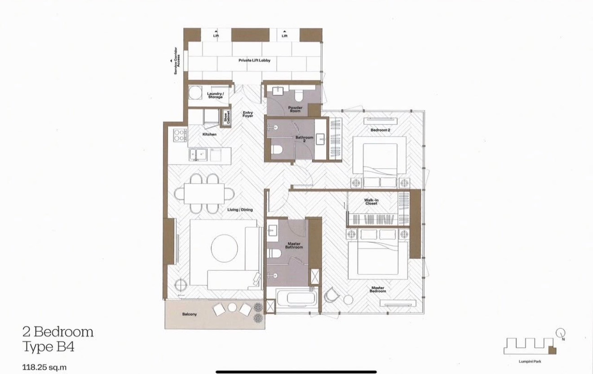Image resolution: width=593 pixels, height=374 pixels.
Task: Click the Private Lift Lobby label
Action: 254,60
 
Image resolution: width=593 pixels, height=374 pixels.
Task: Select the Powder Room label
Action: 295,109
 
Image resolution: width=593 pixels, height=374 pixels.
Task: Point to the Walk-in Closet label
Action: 371,202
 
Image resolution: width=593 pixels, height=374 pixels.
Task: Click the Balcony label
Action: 189,314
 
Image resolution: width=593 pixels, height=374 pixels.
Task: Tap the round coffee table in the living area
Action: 224,248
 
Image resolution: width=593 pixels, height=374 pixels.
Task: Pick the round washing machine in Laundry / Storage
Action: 195,93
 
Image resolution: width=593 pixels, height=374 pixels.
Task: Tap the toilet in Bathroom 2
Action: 277,150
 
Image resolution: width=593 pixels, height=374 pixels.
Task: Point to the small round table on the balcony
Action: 232,308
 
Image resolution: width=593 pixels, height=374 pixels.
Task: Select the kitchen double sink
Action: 198,155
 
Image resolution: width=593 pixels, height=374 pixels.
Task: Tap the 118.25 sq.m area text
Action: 44,367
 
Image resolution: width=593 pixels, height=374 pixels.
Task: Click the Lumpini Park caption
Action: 530,361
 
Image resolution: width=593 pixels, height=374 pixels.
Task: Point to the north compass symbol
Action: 561,333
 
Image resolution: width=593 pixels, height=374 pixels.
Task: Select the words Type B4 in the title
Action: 49,347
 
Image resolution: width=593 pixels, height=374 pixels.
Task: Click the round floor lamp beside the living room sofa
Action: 181,285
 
